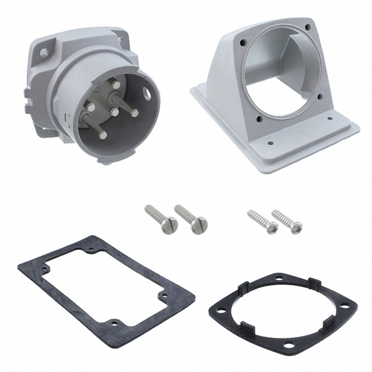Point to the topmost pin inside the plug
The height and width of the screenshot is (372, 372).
[x=116, y=85]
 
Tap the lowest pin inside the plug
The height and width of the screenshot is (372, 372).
[x=103, y=135]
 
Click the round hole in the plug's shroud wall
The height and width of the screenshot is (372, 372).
[x=152, y=91]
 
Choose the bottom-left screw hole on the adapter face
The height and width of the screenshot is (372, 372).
[x=259, y=120]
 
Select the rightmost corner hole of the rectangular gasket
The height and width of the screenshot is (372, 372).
[x=165, y=298]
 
